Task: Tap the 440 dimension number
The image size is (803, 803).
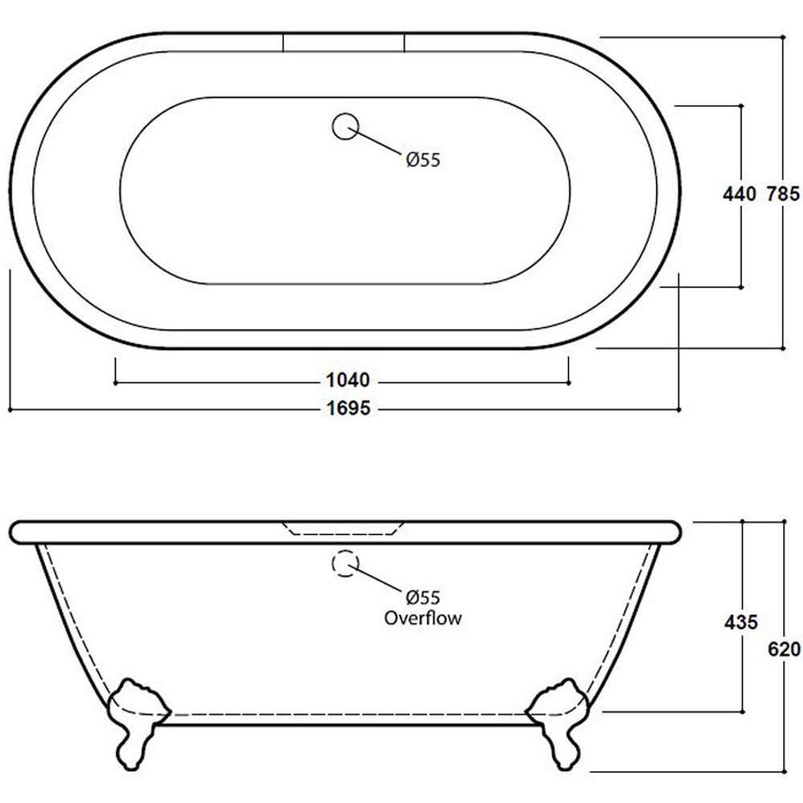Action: [740, 194]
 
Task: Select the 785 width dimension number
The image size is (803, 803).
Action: [782, 194]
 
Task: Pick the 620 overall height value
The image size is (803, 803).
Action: [785, 648]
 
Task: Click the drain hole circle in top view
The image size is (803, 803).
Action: [344, 126]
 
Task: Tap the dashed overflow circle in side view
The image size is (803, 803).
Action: [344, 564]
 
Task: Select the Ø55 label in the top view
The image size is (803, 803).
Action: [423, 160]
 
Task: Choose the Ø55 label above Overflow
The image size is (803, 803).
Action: [423, 597]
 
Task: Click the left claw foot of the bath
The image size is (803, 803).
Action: [135, 719]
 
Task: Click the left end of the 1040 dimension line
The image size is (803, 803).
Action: [116, 382]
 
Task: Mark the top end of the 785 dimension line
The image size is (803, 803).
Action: [782, 37]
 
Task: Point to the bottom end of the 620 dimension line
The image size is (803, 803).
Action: [782, 770]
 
